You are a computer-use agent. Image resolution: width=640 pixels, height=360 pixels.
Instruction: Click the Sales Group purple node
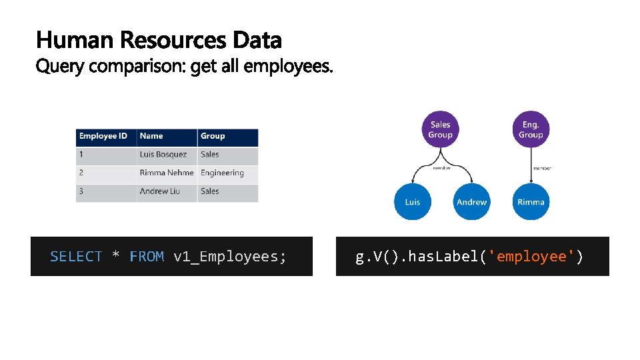point(440,130)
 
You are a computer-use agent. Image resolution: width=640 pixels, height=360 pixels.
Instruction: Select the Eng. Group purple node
point(531,130)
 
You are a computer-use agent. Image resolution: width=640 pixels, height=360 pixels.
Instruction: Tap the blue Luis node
point(413,201)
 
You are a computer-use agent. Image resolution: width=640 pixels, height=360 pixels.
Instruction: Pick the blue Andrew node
point(471,201)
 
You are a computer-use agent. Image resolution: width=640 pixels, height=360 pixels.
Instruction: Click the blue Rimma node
point(531,201)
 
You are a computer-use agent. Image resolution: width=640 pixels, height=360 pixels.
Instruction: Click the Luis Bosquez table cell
point(164,155)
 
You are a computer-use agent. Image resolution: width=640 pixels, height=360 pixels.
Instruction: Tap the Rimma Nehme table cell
point(166,173)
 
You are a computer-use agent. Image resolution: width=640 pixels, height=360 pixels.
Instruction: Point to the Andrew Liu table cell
point(161,191)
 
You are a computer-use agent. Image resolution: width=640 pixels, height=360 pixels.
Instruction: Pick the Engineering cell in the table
point(223,173)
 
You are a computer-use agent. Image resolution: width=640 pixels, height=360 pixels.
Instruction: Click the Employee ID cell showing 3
point(81,191)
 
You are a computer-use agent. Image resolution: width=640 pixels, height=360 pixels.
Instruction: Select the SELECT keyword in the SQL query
point(76,257)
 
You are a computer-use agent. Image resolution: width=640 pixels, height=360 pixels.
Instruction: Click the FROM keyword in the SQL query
point(147,257)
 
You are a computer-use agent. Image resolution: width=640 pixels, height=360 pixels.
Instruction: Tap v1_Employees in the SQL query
point(230,257)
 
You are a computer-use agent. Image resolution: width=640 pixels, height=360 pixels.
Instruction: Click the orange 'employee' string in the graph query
point(532,257)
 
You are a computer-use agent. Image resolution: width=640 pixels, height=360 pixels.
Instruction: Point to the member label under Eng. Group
point(542,168)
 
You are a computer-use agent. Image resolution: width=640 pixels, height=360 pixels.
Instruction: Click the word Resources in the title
point(174,41)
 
